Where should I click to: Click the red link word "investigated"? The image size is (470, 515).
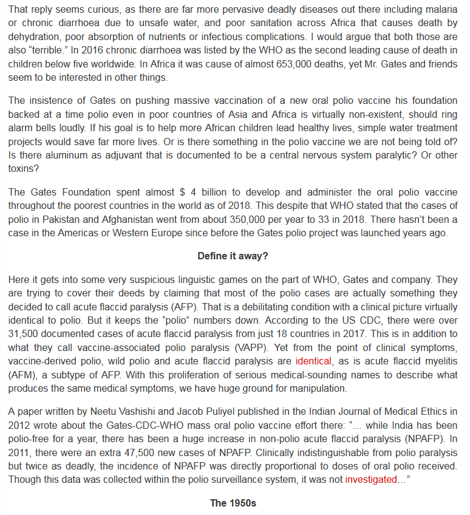point(370,480)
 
